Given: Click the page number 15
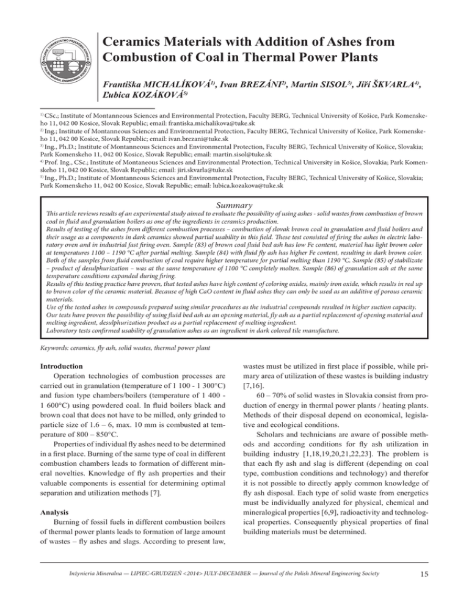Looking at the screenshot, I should click(438, 591).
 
